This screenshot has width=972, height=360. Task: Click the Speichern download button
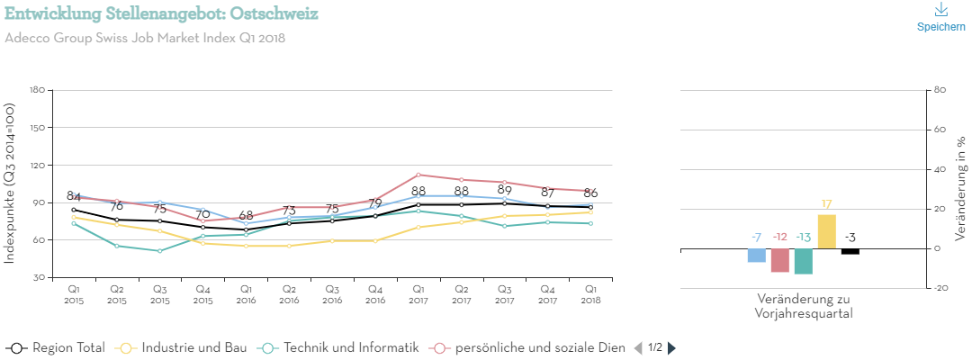pyautogui.click(x=940, y=17)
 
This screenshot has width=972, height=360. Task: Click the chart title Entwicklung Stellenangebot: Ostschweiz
pyautogui.click(x=161, y=13)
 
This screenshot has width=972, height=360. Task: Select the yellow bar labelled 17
pyautogui.click(x=826, y=231)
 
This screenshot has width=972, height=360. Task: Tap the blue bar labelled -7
pyautogui.click(x=757, y=256)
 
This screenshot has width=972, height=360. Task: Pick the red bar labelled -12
pyautogui.click(x=780, y=260)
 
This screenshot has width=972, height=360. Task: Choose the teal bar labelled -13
pyautogui.click(x=804, y=261)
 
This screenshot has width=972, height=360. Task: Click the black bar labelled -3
pyautogui.click(x=850, y=251)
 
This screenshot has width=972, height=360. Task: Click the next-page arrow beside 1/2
pyautogui.click(x=671, y=347)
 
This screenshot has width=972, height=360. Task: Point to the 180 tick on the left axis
pyautogui.click(x=37, y=90)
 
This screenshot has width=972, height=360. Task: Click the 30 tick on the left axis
pyautogui.click(x=40, y=278)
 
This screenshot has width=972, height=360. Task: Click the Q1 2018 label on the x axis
pyautogui.click(x=590, y=294)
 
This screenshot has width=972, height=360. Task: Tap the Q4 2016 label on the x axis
pyautogui.click(x=374, y=294)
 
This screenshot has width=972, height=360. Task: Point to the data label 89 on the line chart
pyautogui.click(x=504, y=190)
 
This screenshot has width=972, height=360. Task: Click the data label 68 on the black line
pyautogui.click(x=245, y=216)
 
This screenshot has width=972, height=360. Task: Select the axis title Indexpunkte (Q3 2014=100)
pyautogui.click(x=10, y=183)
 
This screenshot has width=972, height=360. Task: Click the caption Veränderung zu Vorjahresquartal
pyautogui.click(x=804, y=306)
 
